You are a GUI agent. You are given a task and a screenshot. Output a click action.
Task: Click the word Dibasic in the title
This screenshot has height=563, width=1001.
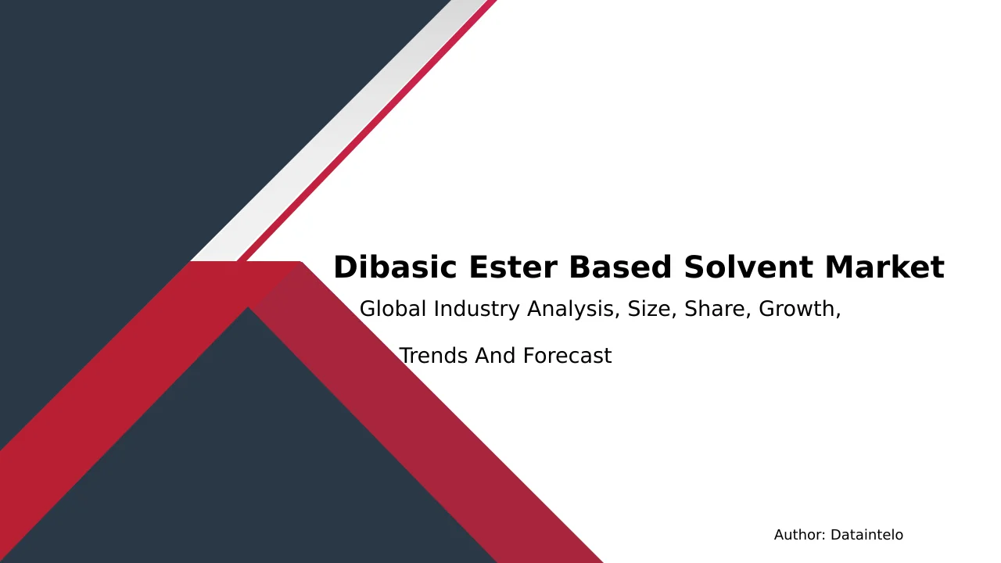tap(395, 267)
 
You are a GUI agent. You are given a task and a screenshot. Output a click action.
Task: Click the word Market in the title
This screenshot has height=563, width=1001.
tap(884, 267)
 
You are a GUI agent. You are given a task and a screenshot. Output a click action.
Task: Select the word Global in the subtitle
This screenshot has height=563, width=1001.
tap(393, 309)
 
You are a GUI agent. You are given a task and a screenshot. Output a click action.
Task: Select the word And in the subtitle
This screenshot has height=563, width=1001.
tap(495, 356)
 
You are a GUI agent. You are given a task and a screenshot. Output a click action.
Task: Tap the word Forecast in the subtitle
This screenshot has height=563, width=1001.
tap(567, 356)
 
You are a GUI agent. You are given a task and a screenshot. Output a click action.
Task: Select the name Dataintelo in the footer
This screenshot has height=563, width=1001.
tap(866, 535)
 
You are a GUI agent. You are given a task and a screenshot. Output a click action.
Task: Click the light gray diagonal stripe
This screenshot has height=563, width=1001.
tap(339, 131)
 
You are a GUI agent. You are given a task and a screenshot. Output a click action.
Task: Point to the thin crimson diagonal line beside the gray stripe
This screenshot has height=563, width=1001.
tap(368, 131)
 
